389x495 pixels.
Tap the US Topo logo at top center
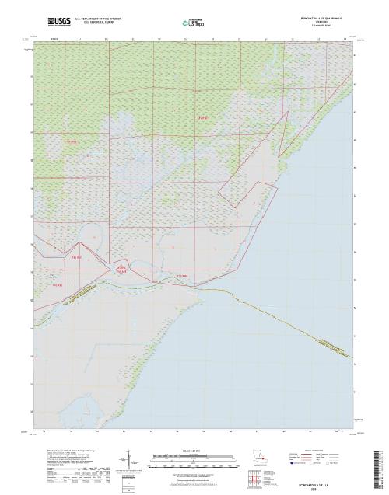[x=193, y=20]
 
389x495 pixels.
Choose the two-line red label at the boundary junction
[x=121, y=269]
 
